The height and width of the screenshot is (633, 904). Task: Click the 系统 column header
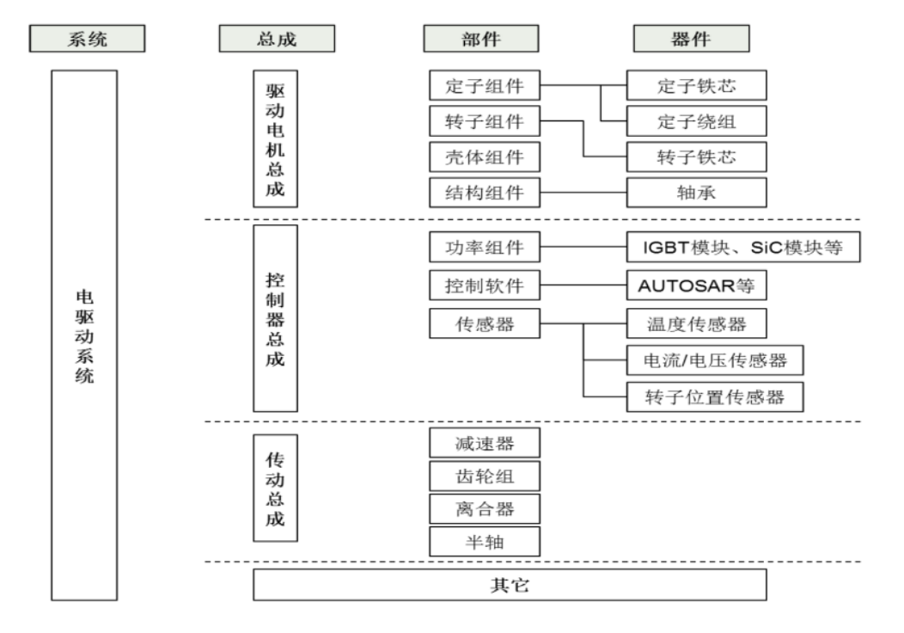coord(87,39)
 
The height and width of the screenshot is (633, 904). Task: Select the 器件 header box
coord(690,39)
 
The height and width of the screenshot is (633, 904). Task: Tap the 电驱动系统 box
coord(84,335)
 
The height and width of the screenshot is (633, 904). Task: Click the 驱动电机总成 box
coord(276,138)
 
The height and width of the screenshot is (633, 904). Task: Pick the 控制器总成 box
coord(276,318)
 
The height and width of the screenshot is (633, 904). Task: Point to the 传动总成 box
coord(276,487)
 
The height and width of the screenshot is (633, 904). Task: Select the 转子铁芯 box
coord(695,157)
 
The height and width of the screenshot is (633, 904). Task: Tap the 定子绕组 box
coord(695,121)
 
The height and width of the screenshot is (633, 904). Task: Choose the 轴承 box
coord(695,192)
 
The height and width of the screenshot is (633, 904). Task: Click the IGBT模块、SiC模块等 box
coord(743,249)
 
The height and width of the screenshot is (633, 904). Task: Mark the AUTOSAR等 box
coord(695,284)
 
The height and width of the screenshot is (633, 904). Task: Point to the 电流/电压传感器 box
coord(715,360)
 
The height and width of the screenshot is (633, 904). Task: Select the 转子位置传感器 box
coord(715,396)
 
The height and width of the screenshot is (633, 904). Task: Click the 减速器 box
coord(485,444)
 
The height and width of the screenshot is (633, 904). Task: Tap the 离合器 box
coord(485,507)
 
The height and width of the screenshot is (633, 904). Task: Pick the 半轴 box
coord(485,540)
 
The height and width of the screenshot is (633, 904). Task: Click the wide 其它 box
coord(509,585)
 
